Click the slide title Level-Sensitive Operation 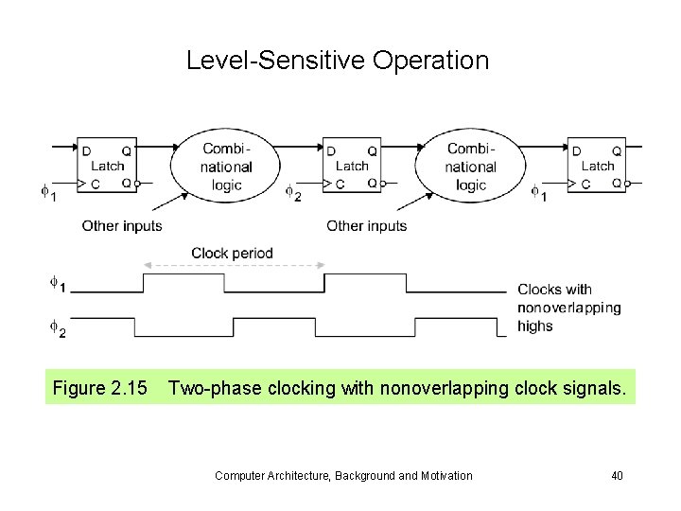(338, 61)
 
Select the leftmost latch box (107, 166)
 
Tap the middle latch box (352, 166)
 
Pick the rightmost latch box (597, 166)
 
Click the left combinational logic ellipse (226, 166)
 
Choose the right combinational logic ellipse (470, 166)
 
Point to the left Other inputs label (122, 226)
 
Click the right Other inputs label (366, 226)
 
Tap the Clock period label (232, 253)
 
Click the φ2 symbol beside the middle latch (293, 193)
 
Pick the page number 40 (617, 475)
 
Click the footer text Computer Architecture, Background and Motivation (343, 475)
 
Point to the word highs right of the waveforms (535, 326)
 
